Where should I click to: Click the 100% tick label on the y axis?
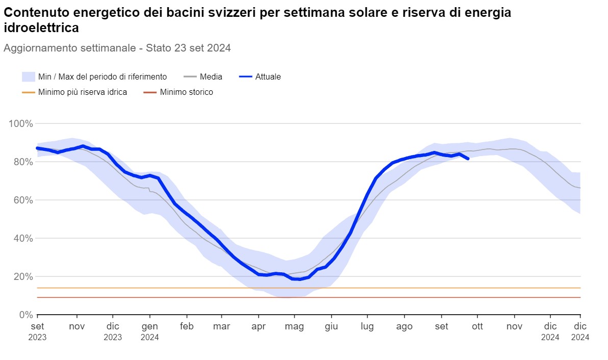point(21,123)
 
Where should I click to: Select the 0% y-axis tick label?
point(25,315)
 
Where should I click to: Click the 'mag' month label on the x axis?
point(294,326)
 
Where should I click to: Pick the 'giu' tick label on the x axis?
point(332,326)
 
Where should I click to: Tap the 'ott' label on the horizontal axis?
point(477,326)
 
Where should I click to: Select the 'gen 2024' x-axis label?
point(149,331)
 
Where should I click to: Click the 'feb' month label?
point(187,326)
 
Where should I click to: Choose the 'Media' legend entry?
point(211,77)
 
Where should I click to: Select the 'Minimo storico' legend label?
point(186,92)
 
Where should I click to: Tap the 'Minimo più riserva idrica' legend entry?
point(82,92)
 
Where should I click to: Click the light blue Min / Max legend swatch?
point(28,77)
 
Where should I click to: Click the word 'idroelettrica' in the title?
point(41,28)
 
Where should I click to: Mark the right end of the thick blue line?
point(468,159)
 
